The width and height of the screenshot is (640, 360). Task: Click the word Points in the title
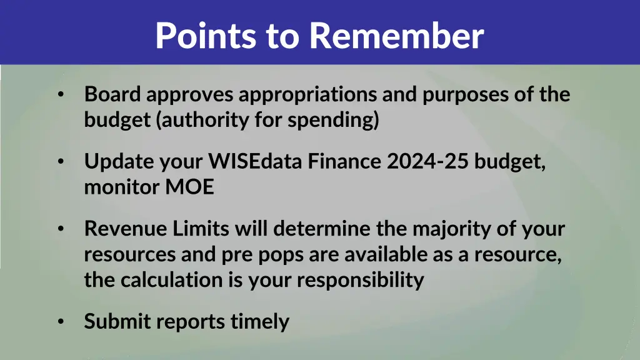pyautogui.click(x=206, y=36)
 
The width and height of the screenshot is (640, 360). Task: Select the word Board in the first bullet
pyautogui.click(x=114, y=94)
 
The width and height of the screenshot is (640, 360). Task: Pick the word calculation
pyautogui.click(x=172, y=279)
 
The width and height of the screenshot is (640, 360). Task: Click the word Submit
pyautogui.click(x=117, y=321)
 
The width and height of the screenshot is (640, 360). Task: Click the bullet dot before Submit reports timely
pyautogui.click(x=60, y=321)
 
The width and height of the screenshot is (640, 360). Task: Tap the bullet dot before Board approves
pyautogui.click(x=60, y=95)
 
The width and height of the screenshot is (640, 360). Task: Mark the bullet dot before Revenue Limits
pyautogui.click(x=60, y=229)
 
